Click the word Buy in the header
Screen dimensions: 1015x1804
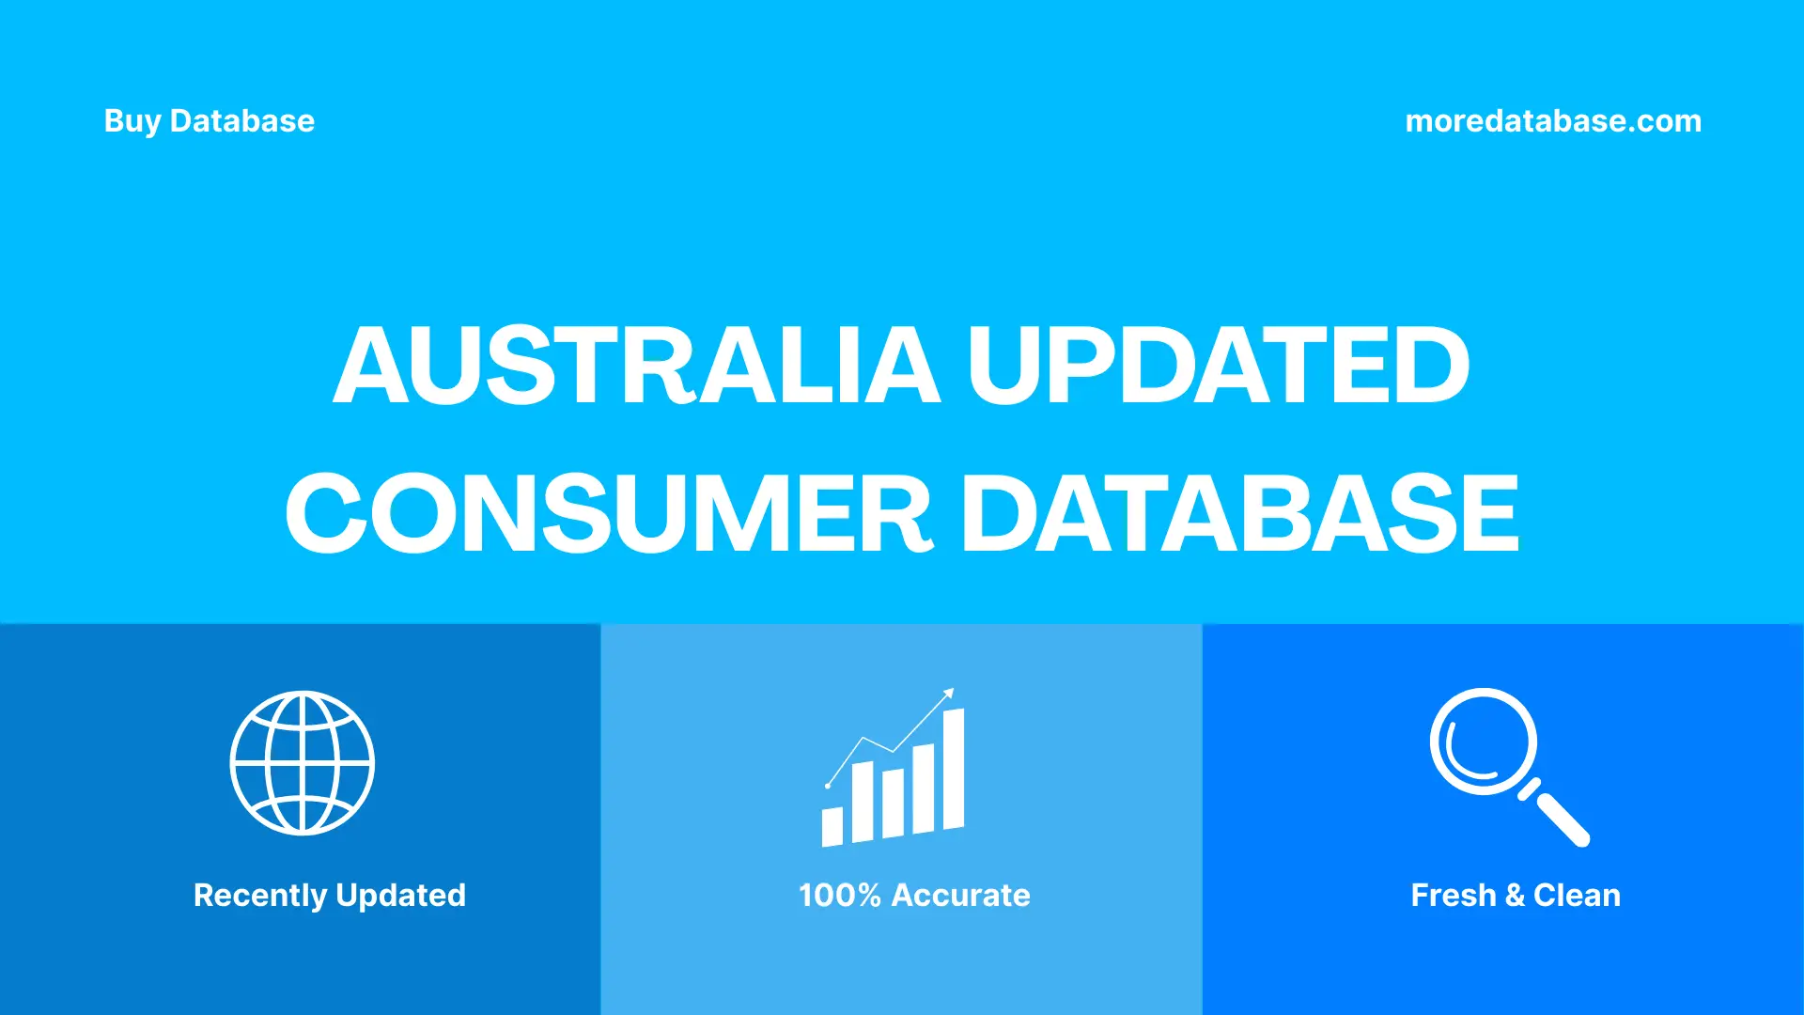132,121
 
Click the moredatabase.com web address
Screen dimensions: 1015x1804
1552,121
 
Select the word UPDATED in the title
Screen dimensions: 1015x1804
1218,366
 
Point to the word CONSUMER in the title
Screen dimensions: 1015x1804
608,513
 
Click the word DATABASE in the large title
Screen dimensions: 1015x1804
1239,513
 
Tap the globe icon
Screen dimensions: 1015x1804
303,763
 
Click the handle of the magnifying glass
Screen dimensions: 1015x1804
1561,819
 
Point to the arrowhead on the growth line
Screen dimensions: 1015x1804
949,694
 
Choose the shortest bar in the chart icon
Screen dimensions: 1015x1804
832,826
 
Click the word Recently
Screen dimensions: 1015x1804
260,896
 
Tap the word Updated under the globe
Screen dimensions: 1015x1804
400,896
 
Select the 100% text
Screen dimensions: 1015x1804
839,896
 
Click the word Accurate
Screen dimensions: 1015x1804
960,896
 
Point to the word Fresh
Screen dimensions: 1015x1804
1453,896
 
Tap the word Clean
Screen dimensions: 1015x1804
1577,896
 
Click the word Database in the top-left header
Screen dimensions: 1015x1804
241,121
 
